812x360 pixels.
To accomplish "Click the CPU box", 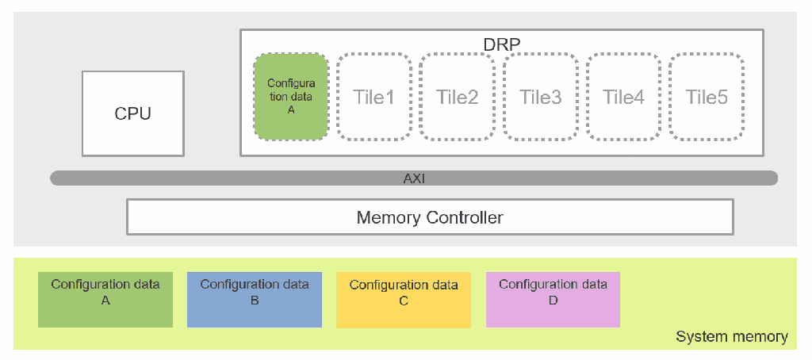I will pyautogui.click(x=132, y=113).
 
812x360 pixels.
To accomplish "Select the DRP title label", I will pyautogui.click(x=501, y=44).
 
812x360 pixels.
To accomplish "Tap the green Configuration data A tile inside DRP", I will pyautogui.click(x=290, y=97).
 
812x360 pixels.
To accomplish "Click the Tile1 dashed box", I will pyautogui.click(x=373, y=97).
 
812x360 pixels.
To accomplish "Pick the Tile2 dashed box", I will pyautogui.click(x=457, y=97).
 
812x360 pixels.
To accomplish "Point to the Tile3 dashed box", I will pyautogui.click(x=540, y=97).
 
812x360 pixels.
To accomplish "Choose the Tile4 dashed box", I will pyautogui.click(x=623, y=97).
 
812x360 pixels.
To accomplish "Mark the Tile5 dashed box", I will pyautogui.click(x=707, y=97).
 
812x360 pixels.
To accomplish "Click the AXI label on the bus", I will pyautogui.click(x=414, y=178).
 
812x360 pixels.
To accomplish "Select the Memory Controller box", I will pyautogui.click(x=429, y=217).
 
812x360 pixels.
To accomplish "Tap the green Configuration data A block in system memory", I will pyautogui.click(x=105, y=300).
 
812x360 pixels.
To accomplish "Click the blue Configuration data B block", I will pyautogui.click(x=254, y=300).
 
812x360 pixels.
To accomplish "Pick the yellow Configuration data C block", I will pyautogui.click(x=403, y=300).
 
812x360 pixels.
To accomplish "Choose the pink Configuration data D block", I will pyautogui.click(x=553, y=300).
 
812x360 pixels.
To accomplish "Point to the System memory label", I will pyautogui.click(x=731, y=337).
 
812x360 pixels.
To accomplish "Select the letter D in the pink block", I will pyautogui.click(x=553, y=301).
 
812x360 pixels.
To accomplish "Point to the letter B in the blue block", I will pyautogui.click(x=254, y=301).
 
